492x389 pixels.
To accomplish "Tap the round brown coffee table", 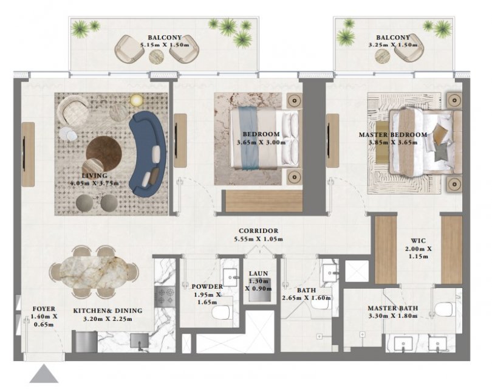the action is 104,154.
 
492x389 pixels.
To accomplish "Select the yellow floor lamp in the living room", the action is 137,100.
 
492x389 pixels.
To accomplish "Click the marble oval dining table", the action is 94,272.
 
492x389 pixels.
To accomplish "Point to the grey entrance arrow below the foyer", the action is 44,375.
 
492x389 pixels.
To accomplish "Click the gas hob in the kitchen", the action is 165,296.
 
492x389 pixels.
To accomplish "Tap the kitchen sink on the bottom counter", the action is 139,340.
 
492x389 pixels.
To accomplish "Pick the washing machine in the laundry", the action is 260,289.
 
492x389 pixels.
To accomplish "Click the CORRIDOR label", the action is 258,231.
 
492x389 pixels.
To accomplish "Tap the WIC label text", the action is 419,241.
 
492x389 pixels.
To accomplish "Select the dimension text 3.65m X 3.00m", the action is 261,142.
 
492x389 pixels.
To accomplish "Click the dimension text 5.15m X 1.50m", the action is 165,45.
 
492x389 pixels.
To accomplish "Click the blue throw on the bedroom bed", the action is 249,137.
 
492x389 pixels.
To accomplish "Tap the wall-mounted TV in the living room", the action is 24,154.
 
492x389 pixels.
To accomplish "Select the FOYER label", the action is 44,309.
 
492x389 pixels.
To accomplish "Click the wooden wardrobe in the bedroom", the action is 264,201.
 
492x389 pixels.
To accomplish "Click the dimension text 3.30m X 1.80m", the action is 392,316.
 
